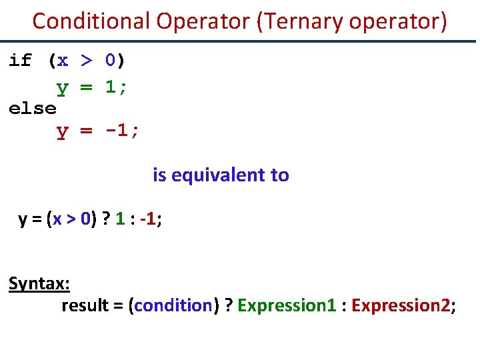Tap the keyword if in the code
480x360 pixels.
point(20,61)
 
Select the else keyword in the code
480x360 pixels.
point(32,108)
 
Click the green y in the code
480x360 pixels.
point(62,87)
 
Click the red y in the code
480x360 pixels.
point(62,131)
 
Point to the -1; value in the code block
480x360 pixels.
point(122,131)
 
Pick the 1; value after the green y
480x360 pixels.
point(117,86)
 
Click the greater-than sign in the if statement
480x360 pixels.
point(87,61)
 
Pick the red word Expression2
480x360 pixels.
point(401,305)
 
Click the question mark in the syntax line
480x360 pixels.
point(228,305)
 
